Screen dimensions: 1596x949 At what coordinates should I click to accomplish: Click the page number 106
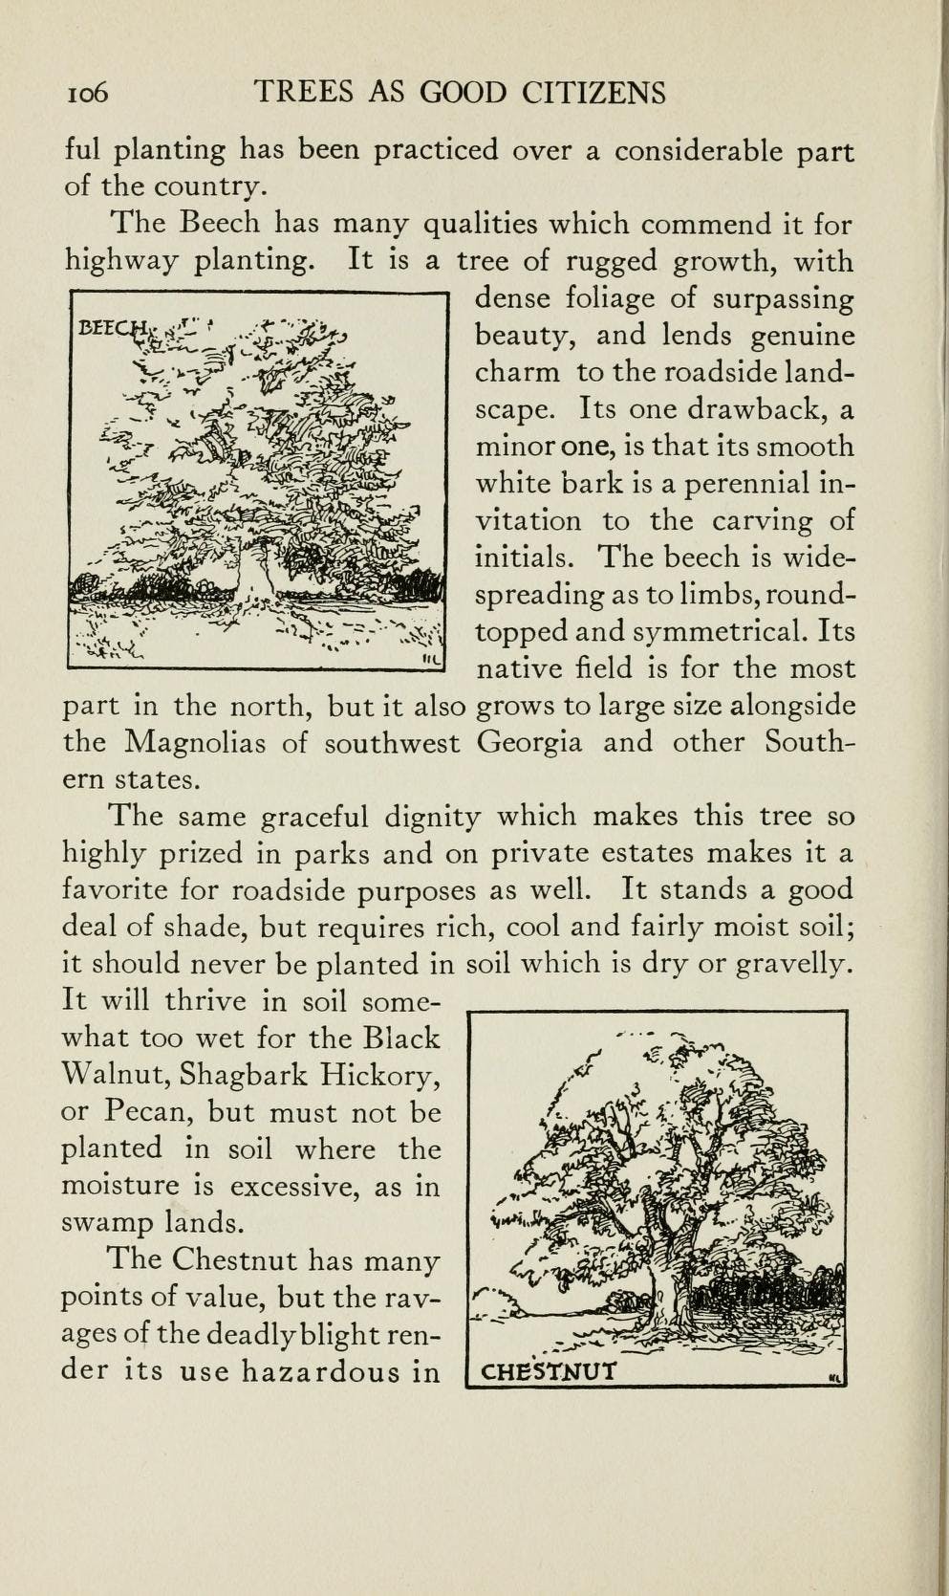(x=87, y=93)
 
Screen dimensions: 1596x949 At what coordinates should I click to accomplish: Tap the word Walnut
(x=113, y=1075)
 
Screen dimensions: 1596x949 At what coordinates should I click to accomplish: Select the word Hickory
(x=380, y=1075)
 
